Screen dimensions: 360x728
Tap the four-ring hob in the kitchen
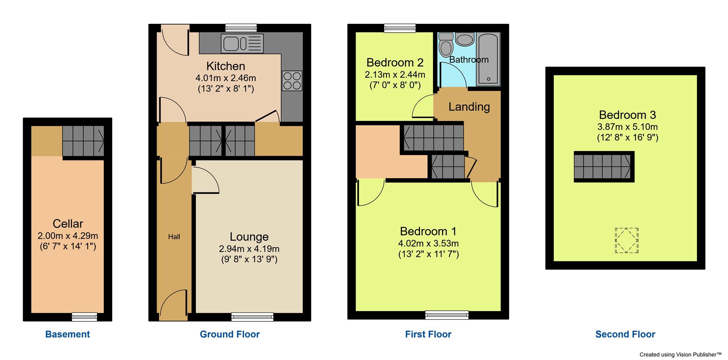point(292,80)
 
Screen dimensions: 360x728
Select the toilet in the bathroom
point(446,46)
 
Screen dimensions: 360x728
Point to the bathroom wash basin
point(464,39)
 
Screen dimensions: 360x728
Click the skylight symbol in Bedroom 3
point(626,241)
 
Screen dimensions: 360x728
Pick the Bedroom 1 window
point(447,314)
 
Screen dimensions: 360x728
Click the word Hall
point(174,237)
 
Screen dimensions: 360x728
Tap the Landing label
point(469,107)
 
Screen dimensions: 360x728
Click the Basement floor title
point(67,334)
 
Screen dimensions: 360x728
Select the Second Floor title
point(625,334)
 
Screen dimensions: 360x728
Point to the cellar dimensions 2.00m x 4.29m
point(68,236)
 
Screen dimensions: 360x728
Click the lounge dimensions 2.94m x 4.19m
point(249,249)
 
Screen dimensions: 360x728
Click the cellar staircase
point(83,141)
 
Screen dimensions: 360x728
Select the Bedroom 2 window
point(400,28)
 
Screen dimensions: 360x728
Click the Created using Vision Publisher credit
point(680,354)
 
